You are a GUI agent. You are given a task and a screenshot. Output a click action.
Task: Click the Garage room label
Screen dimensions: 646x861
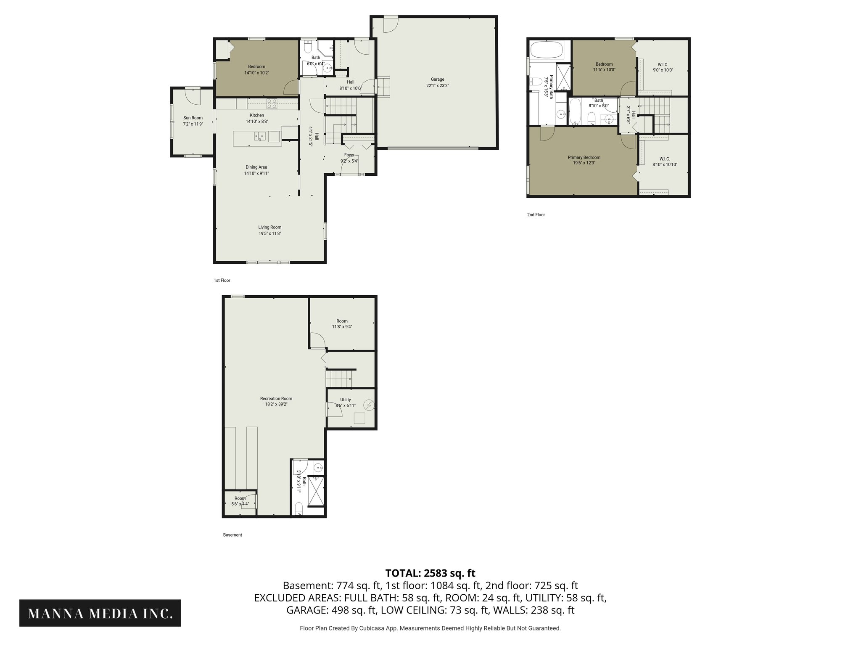point(437,79)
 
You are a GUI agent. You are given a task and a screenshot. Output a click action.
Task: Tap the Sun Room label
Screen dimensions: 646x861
point(193,118)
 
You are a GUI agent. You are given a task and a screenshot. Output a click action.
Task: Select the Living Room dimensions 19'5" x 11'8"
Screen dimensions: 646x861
point(269,233)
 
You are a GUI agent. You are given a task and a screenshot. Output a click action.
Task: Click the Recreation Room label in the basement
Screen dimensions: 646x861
point(276,399)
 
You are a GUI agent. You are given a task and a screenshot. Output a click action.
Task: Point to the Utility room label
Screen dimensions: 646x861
point(345,400)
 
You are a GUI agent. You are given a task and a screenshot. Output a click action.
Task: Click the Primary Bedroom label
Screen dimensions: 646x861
point(584,157)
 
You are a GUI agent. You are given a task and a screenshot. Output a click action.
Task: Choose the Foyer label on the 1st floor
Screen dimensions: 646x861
point(349,155)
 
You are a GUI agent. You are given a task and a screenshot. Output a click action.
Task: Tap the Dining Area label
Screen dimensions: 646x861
point(256,167)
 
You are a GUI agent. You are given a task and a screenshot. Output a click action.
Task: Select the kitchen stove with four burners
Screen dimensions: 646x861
point(272,101)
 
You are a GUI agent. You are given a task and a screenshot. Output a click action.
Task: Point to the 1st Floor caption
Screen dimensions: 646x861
point(222,281)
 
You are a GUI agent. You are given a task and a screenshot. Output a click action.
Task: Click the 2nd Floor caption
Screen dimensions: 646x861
point(536,215)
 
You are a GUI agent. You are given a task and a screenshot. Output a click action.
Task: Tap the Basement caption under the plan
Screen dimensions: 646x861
point(232,535)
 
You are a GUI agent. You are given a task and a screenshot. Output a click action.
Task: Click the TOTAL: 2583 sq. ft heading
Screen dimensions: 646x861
point(430,573)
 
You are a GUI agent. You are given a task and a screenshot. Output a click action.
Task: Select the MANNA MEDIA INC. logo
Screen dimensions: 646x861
point(100,614)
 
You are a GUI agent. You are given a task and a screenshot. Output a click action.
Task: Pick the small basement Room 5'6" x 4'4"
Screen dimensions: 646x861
point(240,501)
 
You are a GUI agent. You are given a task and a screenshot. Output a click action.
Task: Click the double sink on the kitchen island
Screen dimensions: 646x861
point(259,136)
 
